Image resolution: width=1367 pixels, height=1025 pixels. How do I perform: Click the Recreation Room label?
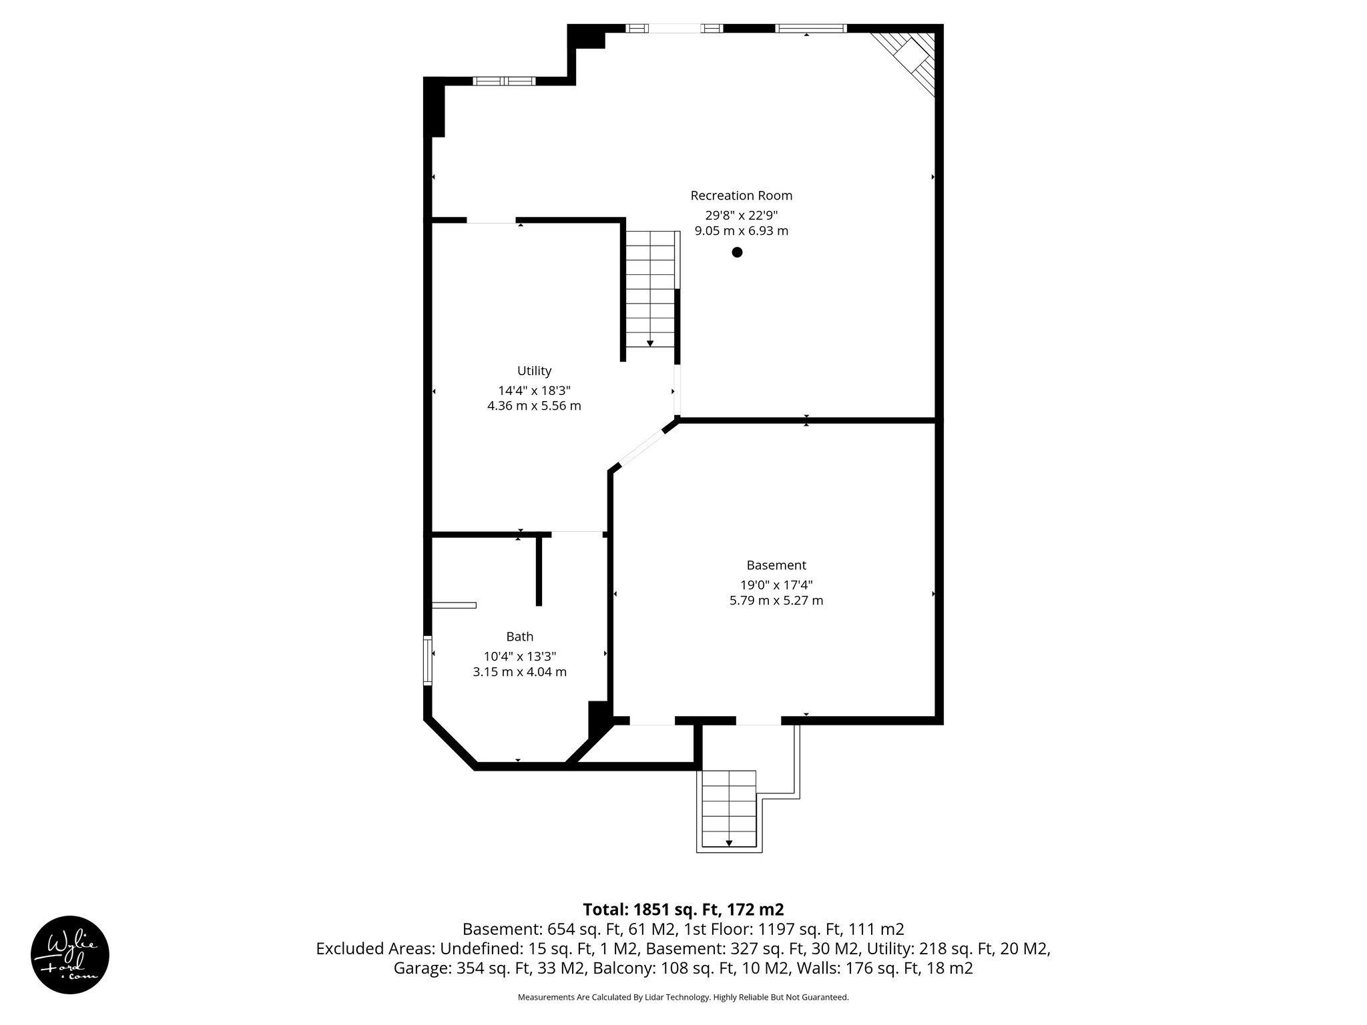coord(741,196)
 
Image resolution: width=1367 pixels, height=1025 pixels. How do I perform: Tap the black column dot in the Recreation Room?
coord(737,252)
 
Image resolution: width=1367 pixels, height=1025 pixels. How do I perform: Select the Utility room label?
coord(534,371)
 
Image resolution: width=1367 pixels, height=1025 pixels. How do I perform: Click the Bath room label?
coord(519,637)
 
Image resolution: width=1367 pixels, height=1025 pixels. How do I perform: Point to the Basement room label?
coord(776,565)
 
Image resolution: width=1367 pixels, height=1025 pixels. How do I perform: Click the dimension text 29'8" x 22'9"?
coord(741,215)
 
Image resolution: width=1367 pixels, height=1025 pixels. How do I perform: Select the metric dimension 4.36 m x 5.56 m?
coord(534,406)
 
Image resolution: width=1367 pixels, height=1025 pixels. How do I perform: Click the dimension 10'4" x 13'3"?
coord(519,656)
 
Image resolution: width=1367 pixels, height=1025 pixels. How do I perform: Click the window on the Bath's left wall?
coord(428,660)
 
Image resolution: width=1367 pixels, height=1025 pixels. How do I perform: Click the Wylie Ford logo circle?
coord(70,955)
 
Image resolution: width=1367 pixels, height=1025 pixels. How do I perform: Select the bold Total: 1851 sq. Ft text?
coord(682,910)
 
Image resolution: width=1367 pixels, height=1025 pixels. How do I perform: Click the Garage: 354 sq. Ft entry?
coord(491,968)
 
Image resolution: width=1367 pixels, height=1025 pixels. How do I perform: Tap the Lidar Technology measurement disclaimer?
coord(682,997)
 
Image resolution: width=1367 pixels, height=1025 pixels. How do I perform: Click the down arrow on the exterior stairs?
coord(729,843)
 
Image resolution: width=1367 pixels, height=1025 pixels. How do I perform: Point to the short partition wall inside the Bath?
coord(539,571)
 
